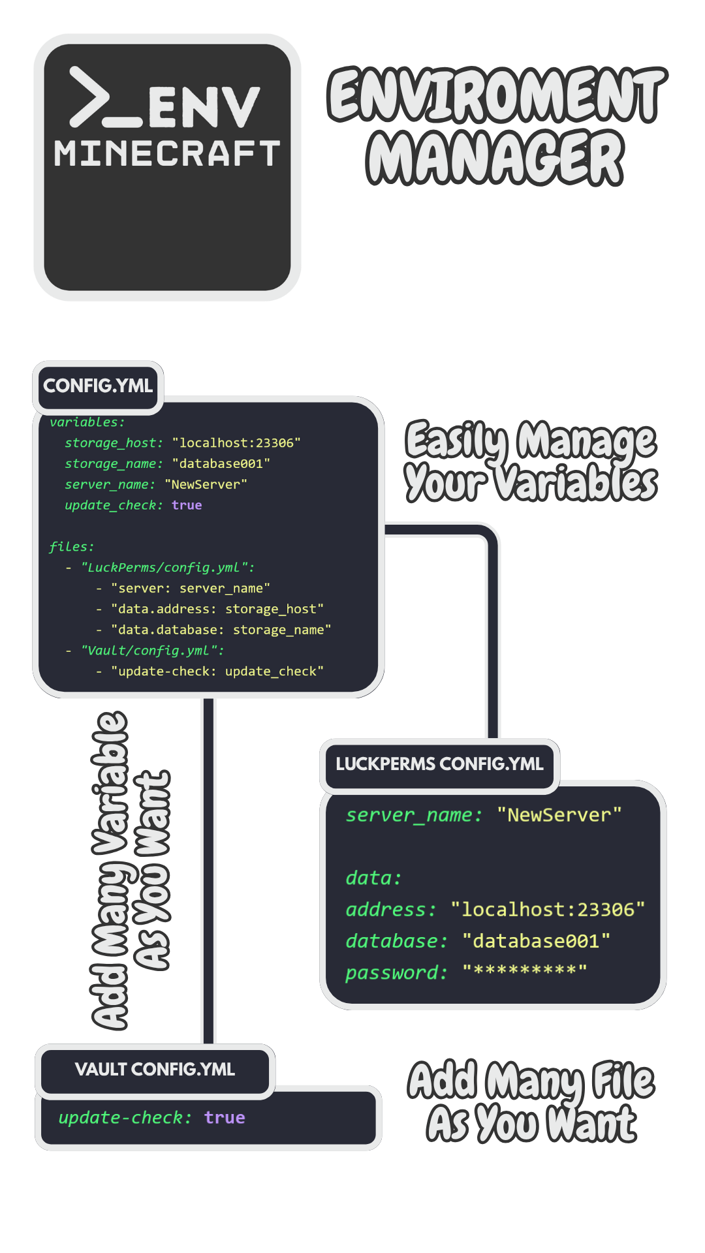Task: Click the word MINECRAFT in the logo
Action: point(167,153)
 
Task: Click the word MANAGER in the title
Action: point(495,157)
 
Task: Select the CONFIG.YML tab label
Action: point(98,386)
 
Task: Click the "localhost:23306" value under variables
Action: point(236,443)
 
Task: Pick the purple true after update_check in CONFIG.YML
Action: point(187,505)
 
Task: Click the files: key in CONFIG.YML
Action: point(71,547)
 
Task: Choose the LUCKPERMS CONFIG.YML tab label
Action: point(439,764)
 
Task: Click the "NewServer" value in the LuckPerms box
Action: point(559,815)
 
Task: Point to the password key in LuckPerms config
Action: point(394,973)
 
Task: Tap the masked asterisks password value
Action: point(525,971)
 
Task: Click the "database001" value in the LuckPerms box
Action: point(536,941)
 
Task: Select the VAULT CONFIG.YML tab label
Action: point(155,1070)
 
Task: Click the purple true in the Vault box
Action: point(225,1118)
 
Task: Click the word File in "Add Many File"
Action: point(623,1081)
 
